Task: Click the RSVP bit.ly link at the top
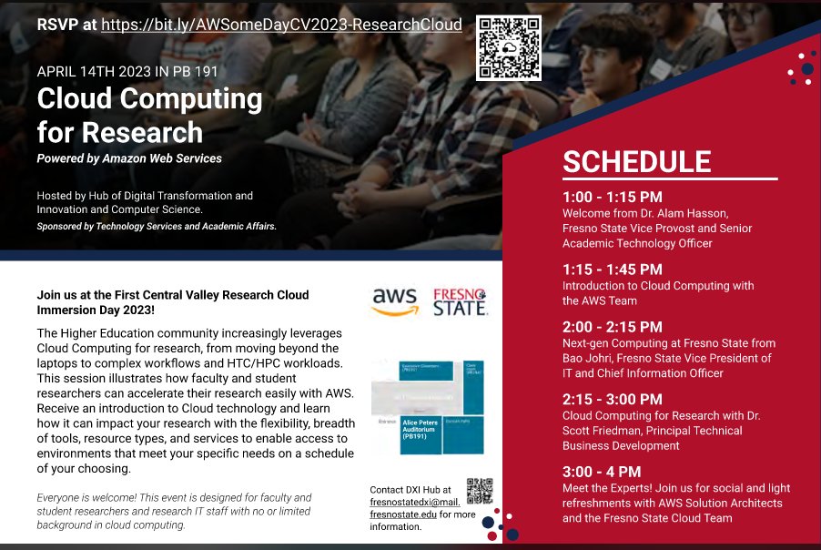click(281, 25)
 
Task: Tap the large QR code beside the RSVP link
click(509, 47)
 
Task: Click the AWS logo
click(395, 301)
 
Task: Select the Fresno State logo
click(461, 301)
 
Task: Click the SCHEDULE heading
click(636, 161)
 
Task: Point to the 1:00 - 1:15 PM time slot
click(612, 197)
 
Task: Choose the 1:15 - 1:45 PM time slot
click(612, 270)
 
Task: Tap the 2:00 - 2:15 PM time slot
click(612, 327)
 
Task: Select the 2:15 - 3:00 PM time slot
click(612, 399)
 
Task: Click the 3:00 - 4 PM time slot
click(601, 472)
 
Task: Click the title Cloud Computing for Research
click(149, 116)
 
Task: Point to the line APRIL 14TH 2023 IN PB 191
click(127, 71)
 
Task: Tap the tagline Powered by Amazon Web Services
click(129, 158)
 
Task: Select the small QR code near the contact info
click(480, 491)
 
